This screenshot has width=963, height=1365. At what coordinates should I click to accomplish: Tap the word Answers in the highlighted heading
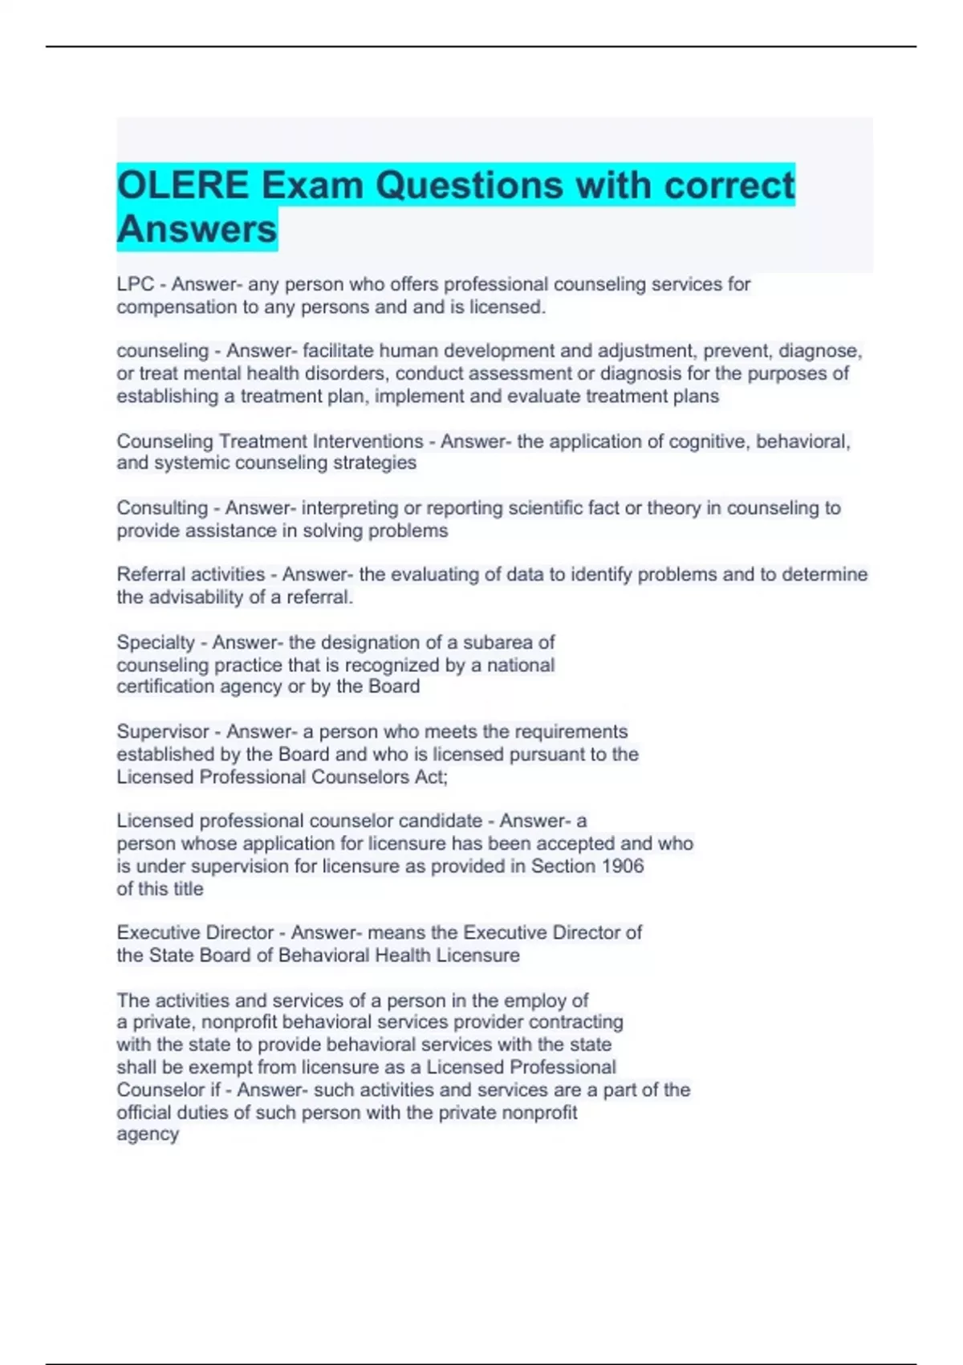197,229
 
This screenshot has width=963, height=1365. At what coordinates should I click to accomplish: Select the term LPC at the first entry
135,284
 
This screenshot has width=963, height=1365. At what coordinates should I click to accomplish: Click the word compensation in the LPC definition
165,307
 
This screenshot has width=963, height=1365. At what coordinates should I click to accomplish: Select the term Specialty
156,642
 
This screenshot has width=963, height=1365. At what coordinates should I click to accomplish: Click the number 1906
623,866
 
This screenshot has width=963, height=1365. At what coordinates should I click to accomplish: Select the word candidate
441,821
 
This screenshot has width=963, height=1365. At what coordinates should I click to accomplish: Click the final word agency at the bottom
148,1135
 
